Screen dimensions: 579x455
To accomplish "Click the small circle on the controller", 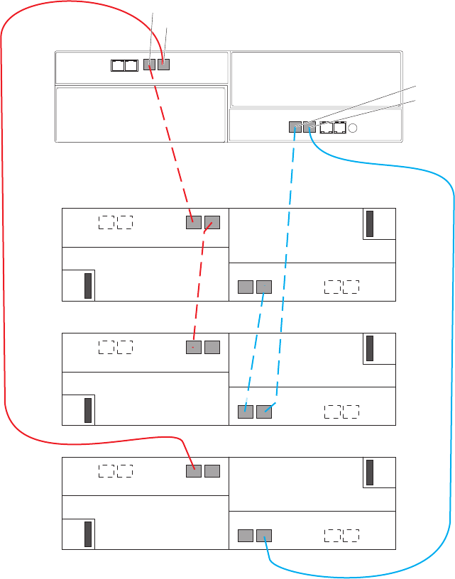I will [x=353, y=128].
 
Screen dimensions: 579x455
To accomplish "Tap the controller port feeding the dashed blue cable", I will [x=296, y=128].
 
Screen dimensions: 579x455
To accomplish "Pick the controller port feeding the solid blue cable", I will [x=309, y=128].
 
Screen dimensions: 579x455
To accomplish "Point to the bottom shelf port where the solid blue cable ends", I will [x=264, y=535].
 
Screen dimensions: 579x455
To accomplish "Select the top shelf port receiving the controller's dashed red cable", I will [x=194, y=222].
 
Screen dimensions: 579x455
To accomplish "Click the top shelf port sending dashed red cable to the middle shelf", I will [x=212, y=222].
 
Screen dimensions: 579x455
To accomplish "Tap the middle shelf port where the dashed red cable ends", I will [x=194, y=347].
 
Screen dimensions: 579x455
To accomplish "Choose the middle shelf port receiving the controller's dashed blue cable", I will [x=264, y=411].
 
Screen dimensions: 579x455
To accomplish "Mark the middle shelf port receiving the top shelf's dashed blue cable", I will [x=246, y=411].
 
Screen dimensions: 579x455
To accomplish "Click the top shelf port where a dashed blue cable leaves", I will [x=264, y=287].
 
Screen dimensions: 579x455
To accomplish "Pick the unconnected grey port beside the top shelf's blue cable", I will [x=246, y=287].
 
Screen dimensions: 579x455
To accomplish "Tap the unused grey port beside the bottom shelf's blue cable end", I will [x=246, y=535].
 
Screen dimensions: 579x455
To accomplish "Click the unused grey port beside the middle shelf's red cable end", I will [x=212, y=347].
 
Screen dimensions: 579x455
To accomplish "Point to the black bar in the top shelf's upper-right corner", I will [x=370, y=224].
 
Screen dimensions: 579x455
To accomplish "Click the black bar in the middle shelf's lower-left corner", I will [x=88, y=411].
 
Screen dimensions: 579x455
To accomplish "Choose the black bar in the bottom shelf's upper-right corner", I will [x=370, y=473].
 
